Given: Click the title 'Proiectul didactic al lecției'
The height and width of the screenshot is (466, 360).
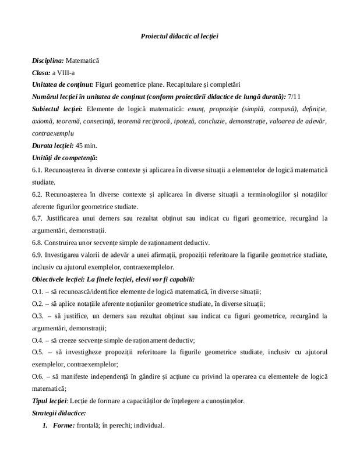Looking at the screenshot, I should click(x=179, y=36).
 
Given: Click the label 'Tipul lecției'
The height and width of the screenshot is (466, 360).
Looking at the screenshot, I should click(x=50, y=401).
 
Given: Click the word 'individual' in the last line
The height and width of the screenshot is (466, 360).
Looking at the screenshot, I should click(x=149, y=425).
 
